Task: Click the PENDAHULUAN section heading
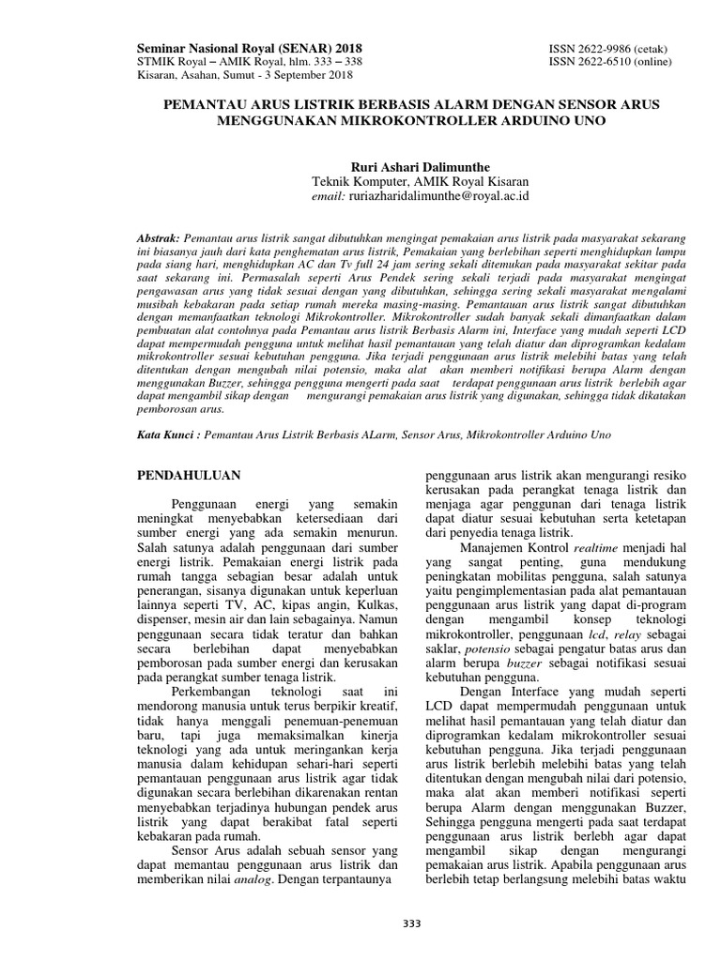click(x=191, y=475)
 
